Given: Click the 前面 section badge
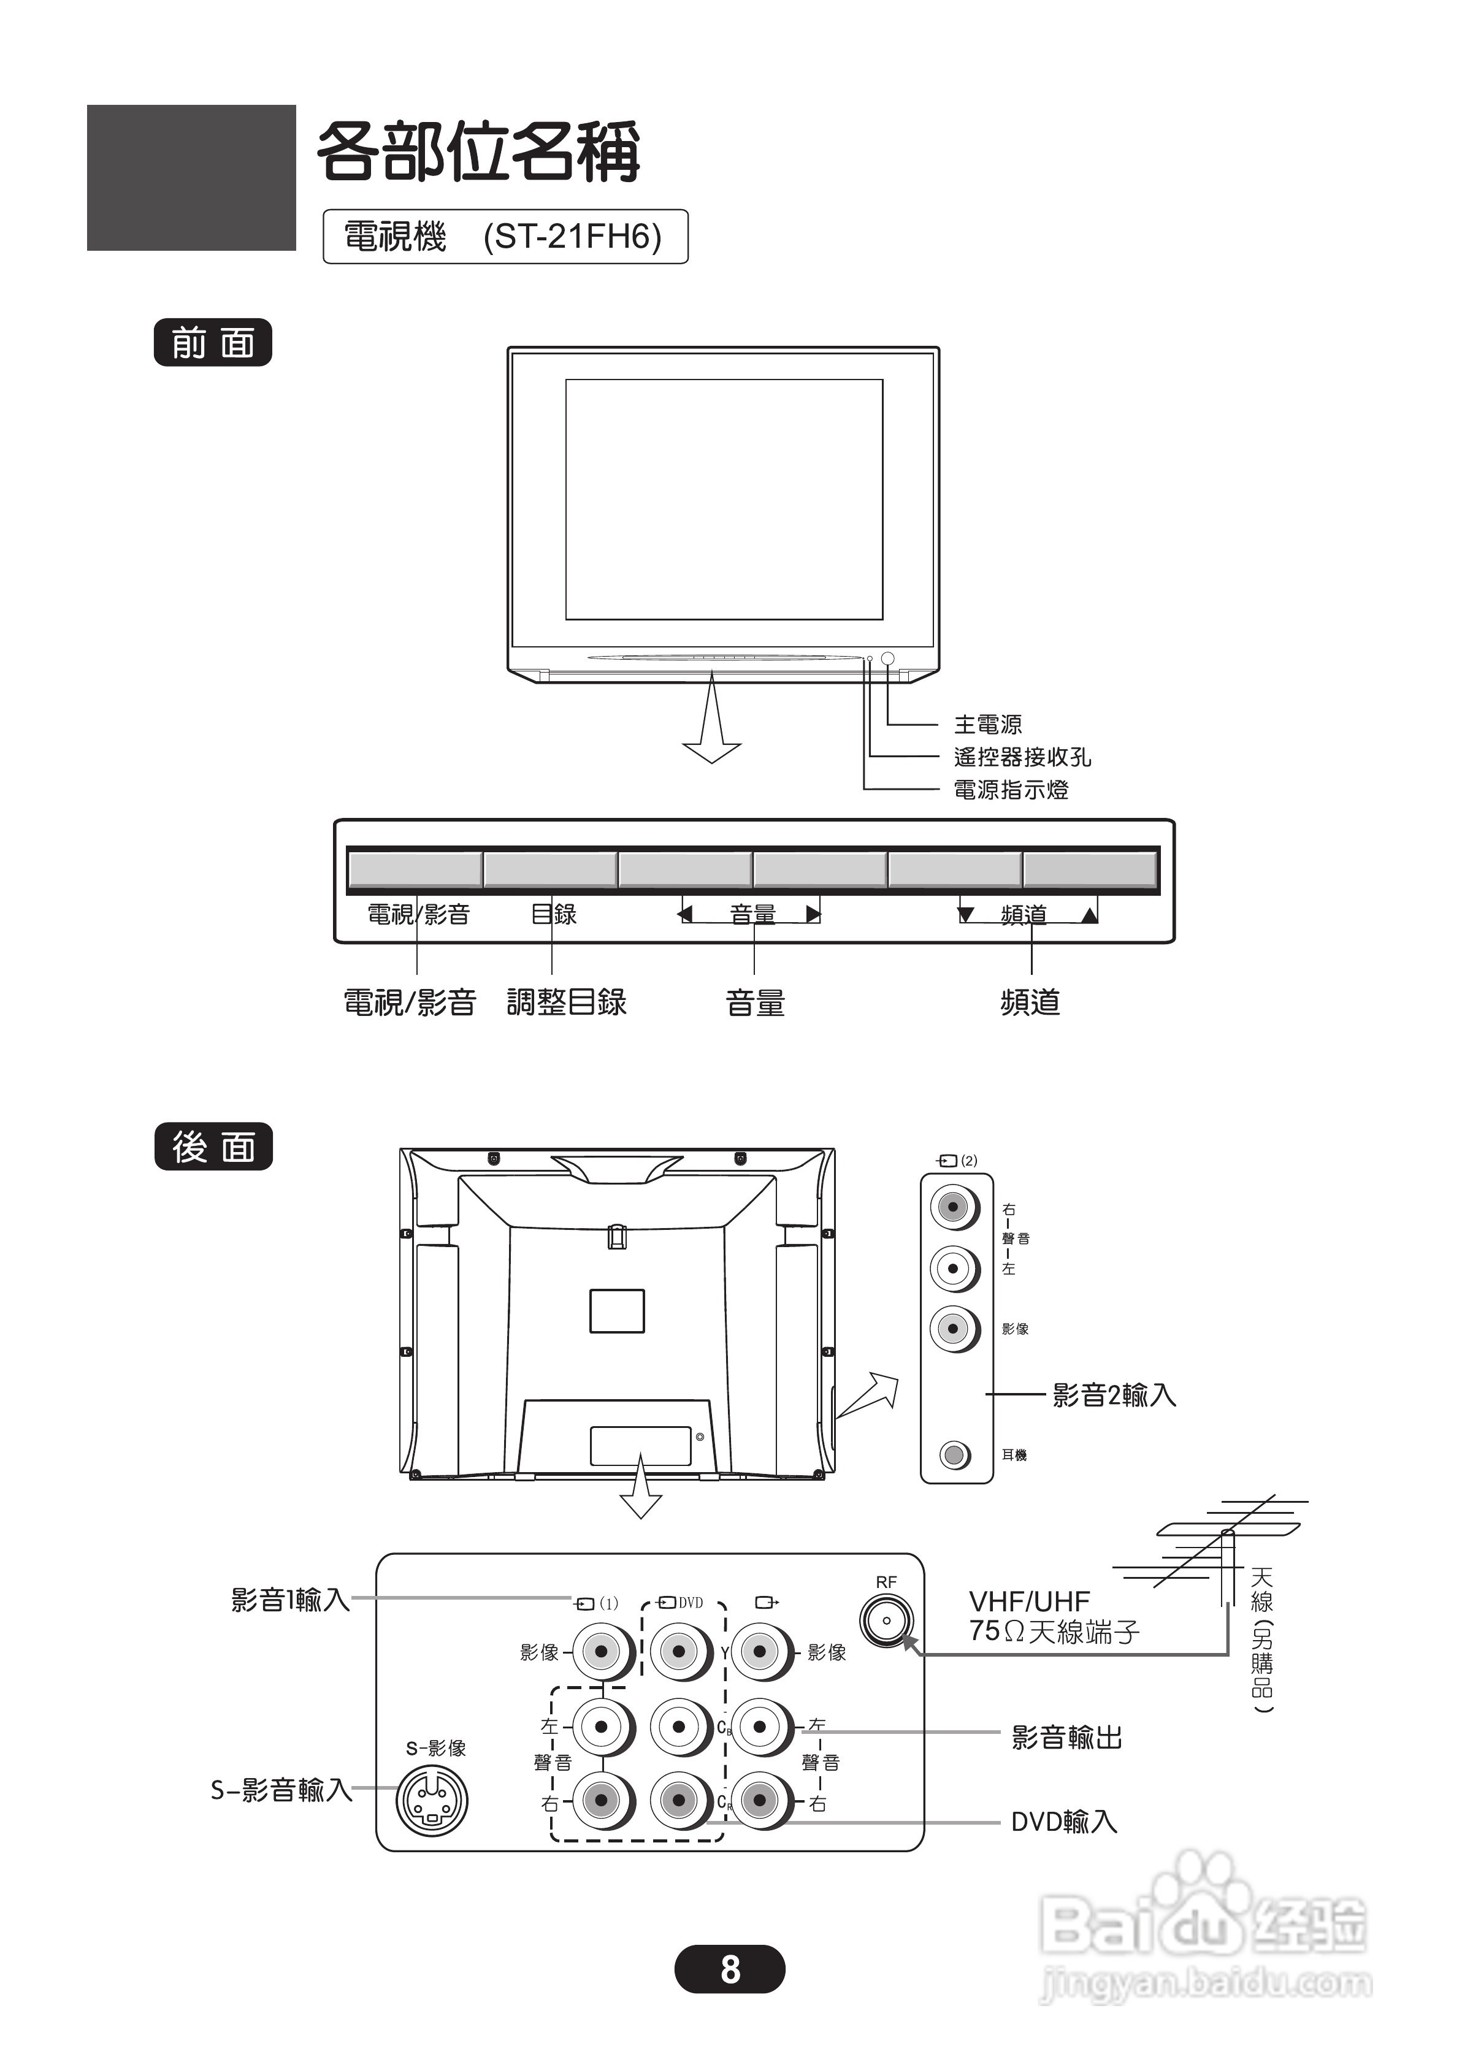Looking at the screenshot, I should coord(212,343).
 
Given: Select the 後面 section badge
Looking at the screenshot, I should coord(213,1147).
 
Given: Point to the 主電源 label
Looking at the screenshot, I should coord(987,724).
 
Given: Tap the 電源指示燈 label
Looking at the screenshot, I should coord(1011,790).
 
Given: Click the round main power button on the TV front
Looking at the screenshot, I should coord(887,658).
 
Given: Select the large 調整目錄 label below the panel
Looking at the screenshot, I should coord(566,1002).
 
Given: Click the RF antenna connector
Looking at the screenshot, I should coord(887,1620).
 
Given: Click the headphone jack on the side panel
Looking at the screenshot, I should coord(954,1454).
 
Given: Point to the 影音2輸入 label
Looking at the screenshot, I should coord(1114,1395).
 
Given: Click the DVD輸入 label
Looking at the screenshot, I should coord(1063,1822).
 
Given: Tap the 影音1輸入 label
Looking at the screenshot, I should coord(290,1600).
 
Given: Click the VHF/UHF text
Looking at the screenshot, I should coord(1029,1601).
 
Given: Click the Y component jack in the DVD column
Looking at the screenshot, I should coord(679,1651).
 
